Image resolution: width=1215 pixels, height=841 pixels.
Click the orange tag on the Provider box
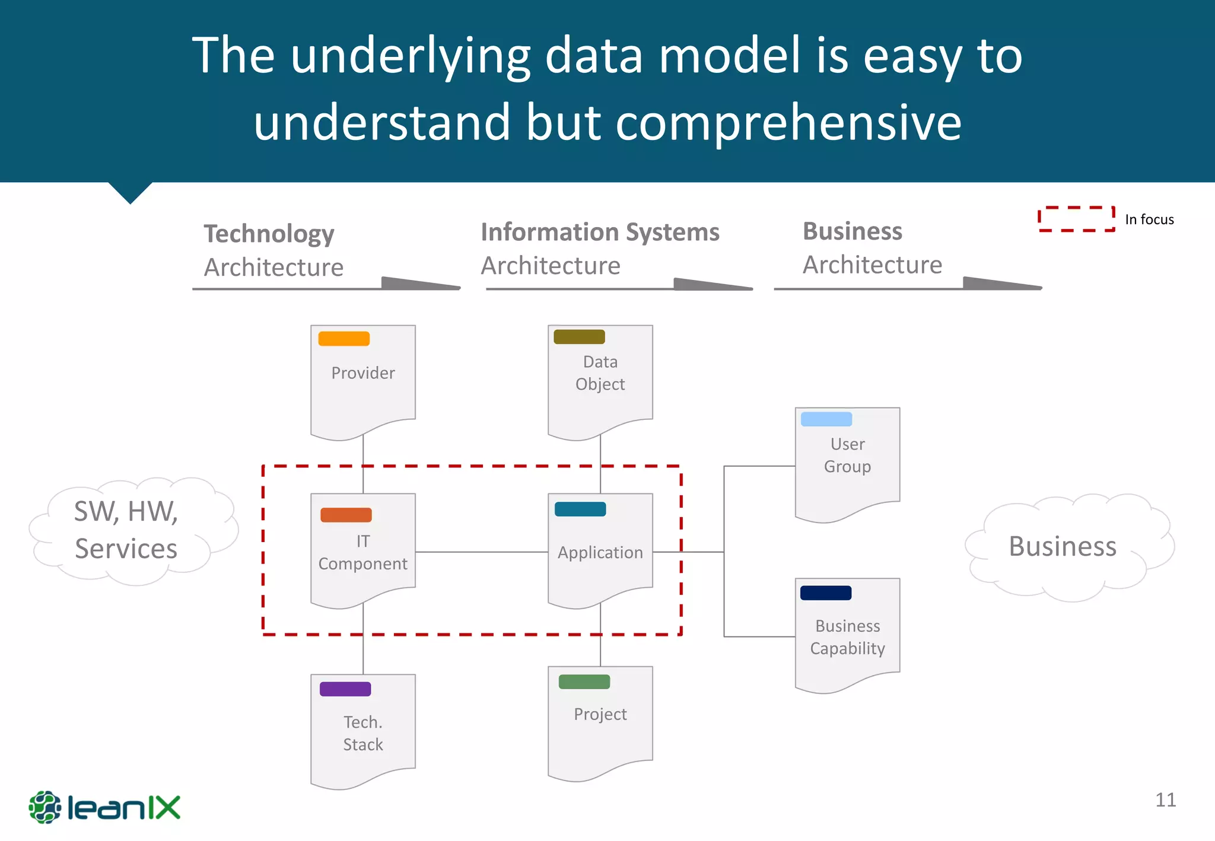(343, 339)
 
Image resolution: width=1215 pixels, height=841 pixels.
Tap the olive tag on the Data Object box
(579, 337)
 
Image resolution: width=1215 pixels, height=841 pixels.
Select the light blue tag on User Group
(826, 419)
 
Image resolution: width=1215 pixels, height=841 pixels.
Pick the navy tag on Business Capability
(825, 592)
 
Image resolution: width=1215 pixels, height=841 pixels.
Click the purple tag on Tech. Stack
(345, 689)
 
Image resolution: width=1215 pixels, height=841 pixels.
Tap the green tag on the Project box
(584, 681)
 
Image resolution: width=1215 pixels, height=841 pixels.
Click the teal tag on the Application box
(580, 509)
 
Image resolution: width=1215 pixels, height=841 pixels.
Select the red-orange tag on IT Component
(346, 515)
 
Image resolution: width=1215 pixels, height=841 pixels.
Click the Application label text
(600, 552)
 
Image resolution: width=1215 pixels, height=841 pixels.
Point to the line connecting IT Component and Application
(481, 552)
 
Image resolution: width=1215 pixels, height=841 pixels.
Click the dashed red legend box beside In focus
(1076, 219)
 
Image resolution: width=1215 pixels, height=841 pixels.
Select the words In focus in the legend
(1149, 219)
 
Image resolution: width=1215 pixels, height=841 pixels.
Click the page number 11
(1165, 799)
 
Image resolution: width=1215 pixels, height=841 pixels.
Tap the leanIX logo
(104, 807)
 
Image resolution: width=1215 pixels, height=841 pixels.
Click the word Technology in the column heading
(269, 234)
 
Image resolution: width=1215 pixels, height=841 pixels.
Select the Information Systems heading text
(600, 232)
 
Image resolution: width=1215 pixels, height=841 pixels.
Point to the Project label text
(600, 714)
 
